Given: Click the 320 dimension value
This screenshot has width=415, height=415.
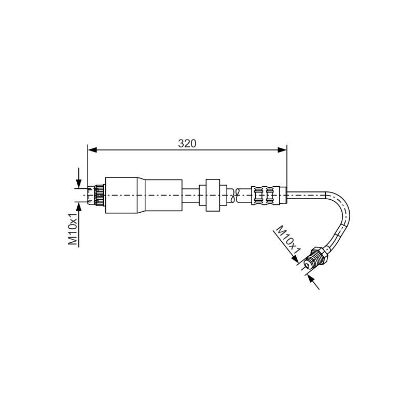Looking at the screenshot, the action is tap(187, 144).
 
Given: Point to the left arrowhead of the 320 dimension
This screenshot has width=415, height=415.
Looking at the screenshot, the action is tap(92, 150).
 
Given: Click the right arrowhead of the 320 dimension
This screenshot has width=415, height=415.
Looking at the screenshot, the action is tap(282, 150).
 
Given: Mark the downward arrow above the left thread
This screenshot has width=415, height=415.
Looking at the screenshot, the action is tap(79, 177).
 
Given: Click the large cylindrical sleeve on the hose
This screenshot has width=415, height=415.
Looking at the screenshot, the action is tap(144, 195).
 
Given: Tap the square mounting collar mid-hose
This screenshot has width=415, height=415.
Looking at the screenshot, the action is tap(213, 195).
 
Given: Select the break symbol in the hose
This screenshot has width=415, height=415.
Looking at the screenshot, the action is tap(235, 196).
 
